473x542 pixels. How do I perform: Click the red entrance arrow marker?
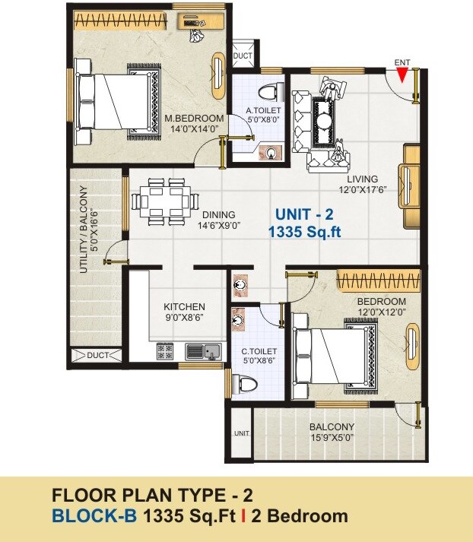[x=403, y=74]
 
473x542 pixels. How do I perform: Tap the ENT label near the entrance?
[x=403, y=61]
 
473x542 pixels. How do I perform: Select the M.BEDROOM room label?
[x=195, y=119]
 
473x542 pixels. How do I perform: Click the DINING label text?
[x=218, y=215]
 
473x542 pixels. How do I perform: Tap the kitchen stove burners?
[x=166, y=351]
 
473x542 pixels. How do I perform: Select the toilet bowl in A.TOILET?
[x=267, y=93]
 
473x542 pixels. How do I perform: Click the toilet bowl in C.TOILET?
[x=246, y=384]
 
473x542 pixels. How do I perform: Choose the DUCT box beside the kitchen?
[x=94, y=355]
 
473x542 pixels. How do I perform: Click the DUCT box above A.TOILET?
[x=243, y=55]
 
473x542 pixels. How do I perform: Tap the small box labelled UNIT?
[x=242, y=433]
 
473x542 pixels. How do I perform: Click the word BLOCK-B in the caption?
[x=95, y=517]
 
